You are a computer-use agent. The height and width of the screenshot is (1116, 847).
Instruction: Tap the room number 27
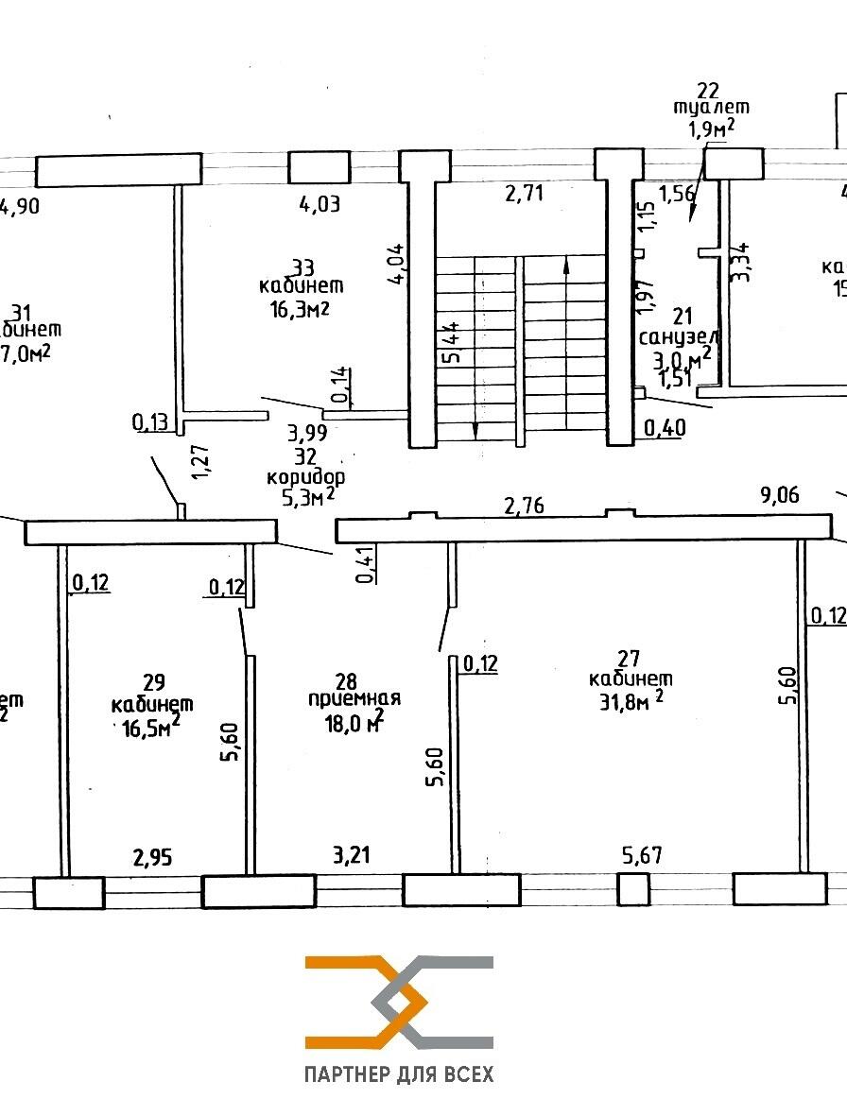(x=630, y=659)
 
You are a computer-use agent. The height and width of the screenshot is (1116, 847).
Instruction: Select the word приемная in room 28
(x=354, y=698)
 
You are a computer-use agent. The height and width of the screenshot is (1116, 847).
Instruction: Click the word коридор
(x=305, y=476)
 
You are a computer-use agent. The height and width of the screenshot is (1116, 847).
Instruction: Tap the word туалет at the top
(x=711, y=108)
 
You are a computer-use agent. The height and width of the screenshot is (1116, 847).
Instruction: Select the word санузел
(x=680, y=337)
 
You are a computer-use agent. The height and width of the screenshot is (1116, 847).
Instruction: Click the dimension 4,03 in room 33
(x=319, y=202)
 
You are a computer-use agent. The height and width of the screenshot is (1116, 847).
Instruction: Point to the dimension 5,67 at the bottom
(x=641, y=857)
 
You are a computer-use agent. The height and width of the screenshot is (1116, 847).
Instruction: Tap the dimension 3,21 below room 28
(x=350, y=857)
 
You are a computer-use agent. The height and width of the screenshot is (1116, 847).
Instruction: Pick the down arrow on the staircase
(x=475, y=430)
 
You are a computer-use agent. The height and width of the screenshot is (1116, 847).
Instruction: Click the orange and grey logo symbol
(x=399, y=1002)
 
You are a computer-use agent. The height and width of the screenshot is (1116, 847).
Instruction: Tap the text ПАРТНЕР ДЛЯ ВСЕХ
(x=399, y=1074)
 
